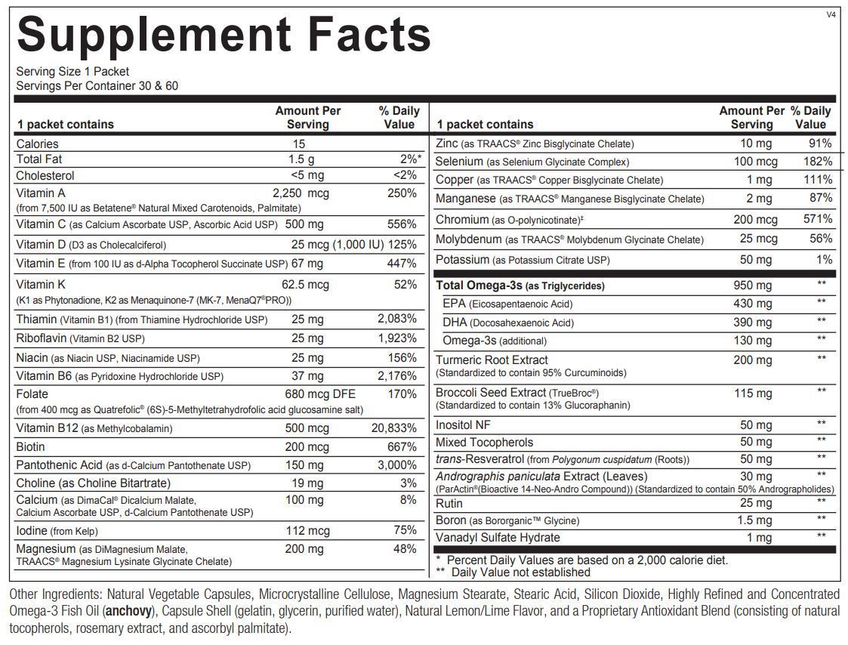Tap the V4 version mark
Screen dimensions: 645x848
tap(831, 14)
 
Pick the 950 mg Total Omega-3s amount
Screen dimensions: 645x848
tap(752, 285)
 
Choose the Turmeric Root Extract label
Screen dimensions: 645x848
tap(492, 360)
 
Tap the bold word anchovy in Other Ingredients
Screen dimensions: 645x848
tap(128, 611)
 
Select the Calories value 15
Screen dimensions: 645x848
tap(300, 144)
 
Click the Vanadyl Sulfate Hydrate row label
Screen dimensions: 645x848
tap(498, 537)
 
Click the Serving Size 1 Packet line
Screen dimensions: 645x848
tap(72, 72)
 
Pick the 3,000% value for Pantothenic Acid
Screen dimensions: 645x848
tap(397, 465)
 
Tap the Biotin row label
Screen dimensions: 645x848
tap(31, 446)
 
